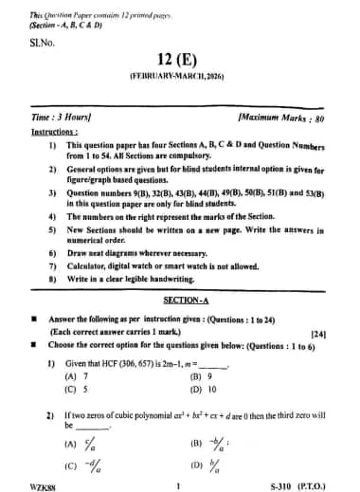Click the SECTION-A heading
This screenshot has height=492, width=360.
pos(179,299)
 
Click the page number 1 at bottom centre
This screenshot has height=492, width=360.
pos(177,485)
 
